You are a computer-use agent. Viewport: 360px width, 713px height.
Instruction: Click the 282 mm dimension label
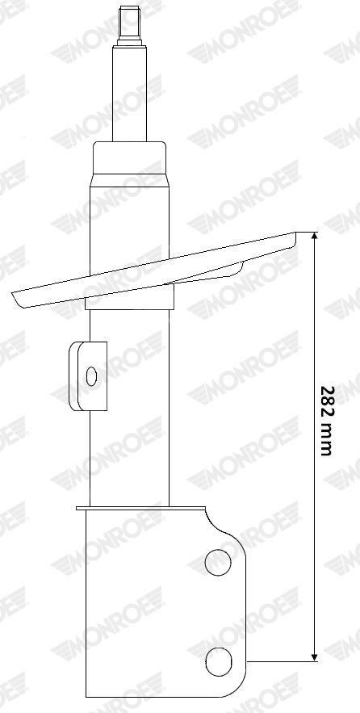[327, 421]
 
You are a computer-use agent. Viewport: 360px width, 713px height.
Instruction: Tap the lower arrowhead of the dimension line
[314, 657]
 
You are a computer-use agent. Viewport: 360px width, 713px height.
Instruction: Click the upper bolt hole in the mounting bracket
[218, 562]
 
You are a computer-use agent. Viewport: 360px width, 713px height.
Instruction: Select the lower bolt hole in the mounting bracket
[218, 662]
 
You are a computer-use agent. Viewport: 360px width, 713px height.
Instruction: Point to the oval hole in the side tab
[91, 376]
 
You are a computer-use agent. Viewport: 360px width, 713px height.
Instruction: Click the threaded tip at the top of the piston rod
[129, 26]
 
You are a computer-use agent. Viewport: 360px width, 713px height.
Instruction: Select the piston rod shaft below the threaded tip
[129, 93]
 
